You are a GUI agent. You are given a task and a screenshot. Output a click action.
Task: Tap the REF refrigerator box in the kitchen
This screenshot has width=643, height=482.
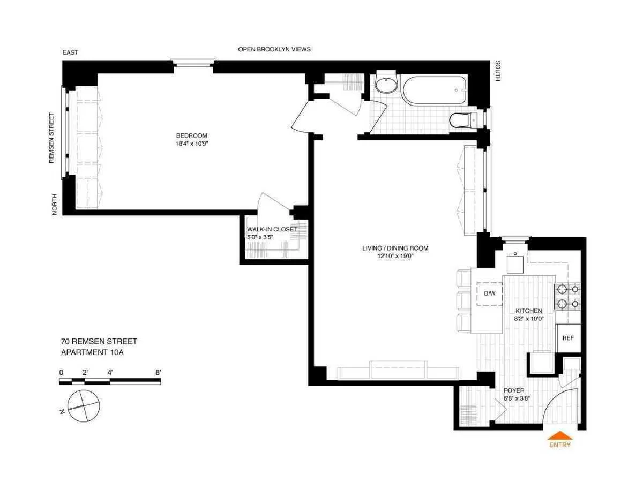(568, 338)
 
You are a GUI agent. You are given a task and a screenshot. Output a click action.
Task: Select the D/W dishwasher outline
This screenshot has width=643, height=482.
(489, 293)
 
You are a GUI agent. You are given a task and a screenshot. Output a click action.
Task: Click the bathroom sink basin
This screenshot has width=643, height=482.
(386, 85)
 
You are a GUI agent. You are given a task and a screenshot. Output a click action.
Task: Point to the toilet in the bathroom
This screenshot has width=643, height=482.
(460, 120)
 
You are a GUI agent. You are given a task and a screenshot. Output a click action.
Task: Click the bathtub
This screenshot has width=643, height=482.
(434, 91)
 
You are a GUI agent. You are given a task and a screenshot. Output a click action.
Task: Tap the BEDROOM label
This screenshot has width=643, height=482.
(191, 135)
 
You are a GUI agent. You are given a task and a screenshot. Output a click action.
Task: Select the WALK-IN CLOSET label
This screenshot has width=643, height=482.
(272, 229)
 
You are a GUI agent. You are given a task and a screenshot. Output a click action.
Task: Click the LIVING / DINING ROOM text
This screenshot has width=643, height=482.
(394, 248)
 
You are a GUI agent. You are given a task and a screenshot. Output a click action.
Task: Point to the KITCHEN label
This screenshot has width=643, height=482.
(528, 311)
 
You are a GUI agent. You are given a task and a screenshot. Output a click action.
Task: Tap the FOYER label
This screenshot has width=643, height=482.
(514, 390)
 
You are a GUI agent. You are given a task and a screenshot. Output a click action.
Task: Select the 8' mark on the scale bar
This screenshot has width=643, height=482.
(158, 372)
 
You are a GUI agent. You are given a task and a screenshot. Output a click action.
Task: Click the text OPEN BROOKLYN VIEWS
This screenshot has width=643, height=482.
(274, 49)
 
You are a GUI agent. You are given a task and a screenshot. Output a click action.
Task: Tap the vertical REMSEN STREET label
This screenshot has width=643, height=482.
(52, 138)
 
